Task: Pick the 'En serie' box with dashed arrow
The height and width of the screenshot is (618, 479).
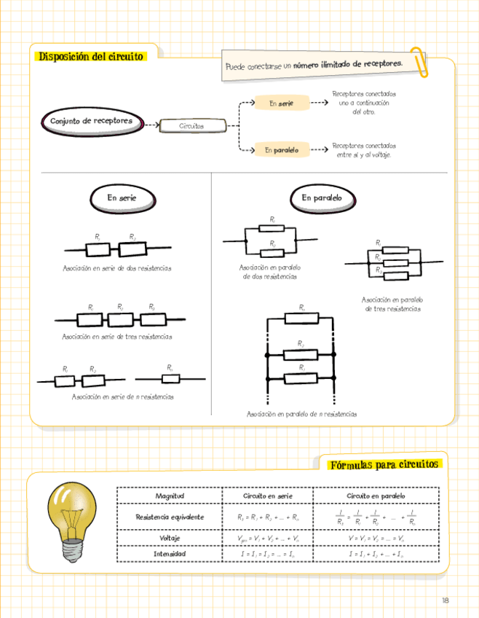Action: pos(281,104)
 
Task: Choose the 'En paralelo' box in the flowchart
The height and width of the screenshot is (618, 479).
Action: pos(281,150)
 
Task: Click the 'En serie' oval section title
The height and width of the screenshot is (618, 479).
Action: pos(122,197)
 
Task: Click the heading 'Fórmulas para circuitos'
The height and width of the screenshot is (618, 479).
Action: pos(384,464)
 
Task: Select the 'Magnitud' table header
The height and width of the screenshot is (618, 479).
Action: pos(170,496)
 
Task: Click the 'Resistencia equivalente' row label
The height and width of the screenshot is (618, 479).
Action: pos(170,517)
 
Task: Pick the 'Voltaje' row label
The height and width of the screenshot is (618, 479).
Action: pos(170,538)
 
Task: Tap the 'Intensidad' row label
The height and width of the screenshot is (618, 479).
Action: pos(170,554)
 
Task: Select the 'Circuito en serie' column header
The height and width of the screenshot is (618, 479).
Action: pos(268,496)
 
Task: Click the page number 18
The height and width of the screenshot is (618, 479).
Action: pos(445,601)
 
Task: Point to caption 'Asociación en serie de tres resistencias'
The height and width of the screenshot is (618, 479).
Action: pos(117,337)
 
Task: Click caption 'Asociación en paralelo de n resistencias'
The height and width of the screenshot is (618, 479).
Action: pos(301,414)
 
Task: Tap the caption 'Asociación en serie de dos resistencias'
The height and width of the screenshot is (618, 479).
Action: pos(117,268)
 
